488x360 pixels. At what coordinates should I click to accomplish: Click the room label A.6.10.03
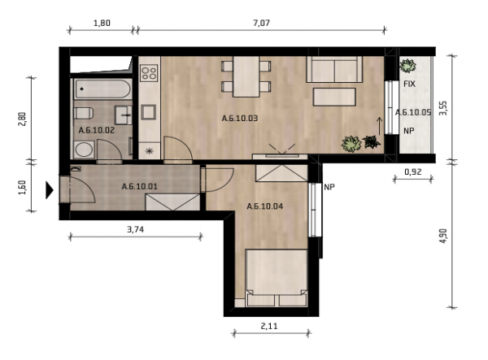240,119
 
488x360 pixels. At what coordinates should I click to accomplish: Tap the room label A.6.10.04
265,206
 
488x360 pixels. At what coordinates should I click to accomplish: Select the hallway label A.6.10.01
139,187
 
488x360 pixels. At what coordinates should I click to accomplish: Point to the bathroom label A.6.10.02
97,130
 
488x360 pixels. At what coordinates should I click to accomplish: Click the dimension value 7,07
261,23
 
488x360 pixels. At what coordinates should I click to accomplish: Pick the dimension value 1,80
102,23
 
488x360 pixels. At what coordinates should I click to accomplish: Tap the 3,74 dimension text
135,229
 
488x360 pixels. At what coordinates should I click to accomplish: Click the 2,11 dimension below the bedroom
269,326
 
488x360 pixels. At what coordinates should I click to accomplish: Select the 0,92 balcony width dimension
412,171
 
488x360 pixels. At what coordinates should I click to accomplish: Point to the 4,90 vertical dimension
443,236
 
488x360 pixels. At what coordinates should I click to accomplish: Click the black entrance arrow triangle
50,190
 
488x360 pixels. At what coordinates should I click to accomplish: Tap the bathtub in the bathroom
102,89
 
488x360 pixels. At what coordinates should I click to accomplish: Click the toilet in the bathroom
84,113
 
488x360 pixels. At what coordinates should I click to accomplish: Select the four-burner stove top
149,73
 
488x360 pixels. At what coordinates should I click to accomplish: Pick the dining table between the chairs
246,76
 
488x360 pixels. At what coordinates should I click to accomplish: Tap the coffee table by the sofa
334,97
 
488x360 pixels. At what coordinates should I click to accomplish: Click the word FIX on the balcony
409,84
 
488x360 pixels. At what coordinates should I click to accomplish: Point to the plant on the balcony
407,66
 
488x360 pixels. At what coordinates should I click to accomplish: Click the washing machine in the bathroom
84,150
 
